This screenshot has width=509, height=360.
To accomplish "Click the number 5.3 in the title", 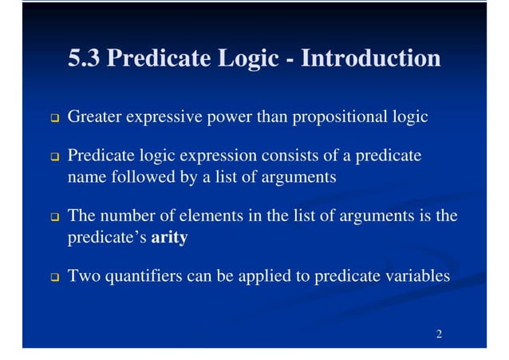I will (x=85, y=58).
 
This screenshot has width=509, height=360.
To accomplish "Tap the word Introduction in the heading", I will (x=371, y=58).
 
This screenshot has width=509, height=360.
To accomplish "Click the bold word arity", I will (x=169, y=237).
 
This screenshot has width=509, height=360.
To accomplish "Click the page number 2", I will (x=439, y=332).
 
